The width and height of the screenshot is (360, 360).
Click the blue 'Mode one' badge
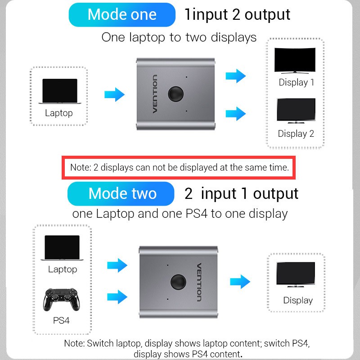(122, 15)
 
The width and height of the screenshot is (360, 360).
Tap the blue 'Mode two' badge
(121, 193)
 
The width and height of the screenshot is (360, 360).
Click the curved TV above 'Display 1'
(295, 61)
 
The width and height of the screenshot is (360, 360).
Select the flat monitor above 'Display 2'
(296, 111)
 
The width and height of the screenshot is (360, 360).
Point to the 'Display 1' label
(296, 82)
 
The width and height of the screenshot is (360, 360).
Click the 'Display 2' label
(296, 134)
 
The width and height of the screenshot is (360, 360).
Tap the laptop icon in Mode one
(60, 91)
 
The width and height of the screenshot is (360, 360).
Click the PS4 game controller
(61, 300)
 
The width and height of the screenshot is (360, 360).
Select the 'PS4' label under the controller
(61, 320)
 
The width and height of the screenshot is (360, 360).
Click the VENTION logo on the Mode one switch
(155, 94)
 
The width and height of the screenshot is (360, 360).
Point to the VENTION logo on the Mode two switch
(199, 282)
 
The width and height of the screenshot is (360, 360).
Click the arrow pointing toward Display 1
(235, 76)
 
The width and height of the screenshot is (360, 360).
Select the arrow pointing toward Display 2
(235, 114)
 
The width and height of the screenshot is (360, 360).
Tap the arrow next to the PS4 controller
(117, 297)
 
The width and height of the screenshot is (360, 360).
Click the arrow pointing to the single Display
(240, 282)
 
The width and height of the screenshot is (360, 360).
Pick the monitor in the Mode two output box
(296, 274)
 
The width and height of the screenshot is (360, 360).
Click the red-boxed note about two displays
(179, 167)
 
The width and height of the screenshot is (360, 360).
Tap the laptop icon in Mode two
(62, 248)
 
